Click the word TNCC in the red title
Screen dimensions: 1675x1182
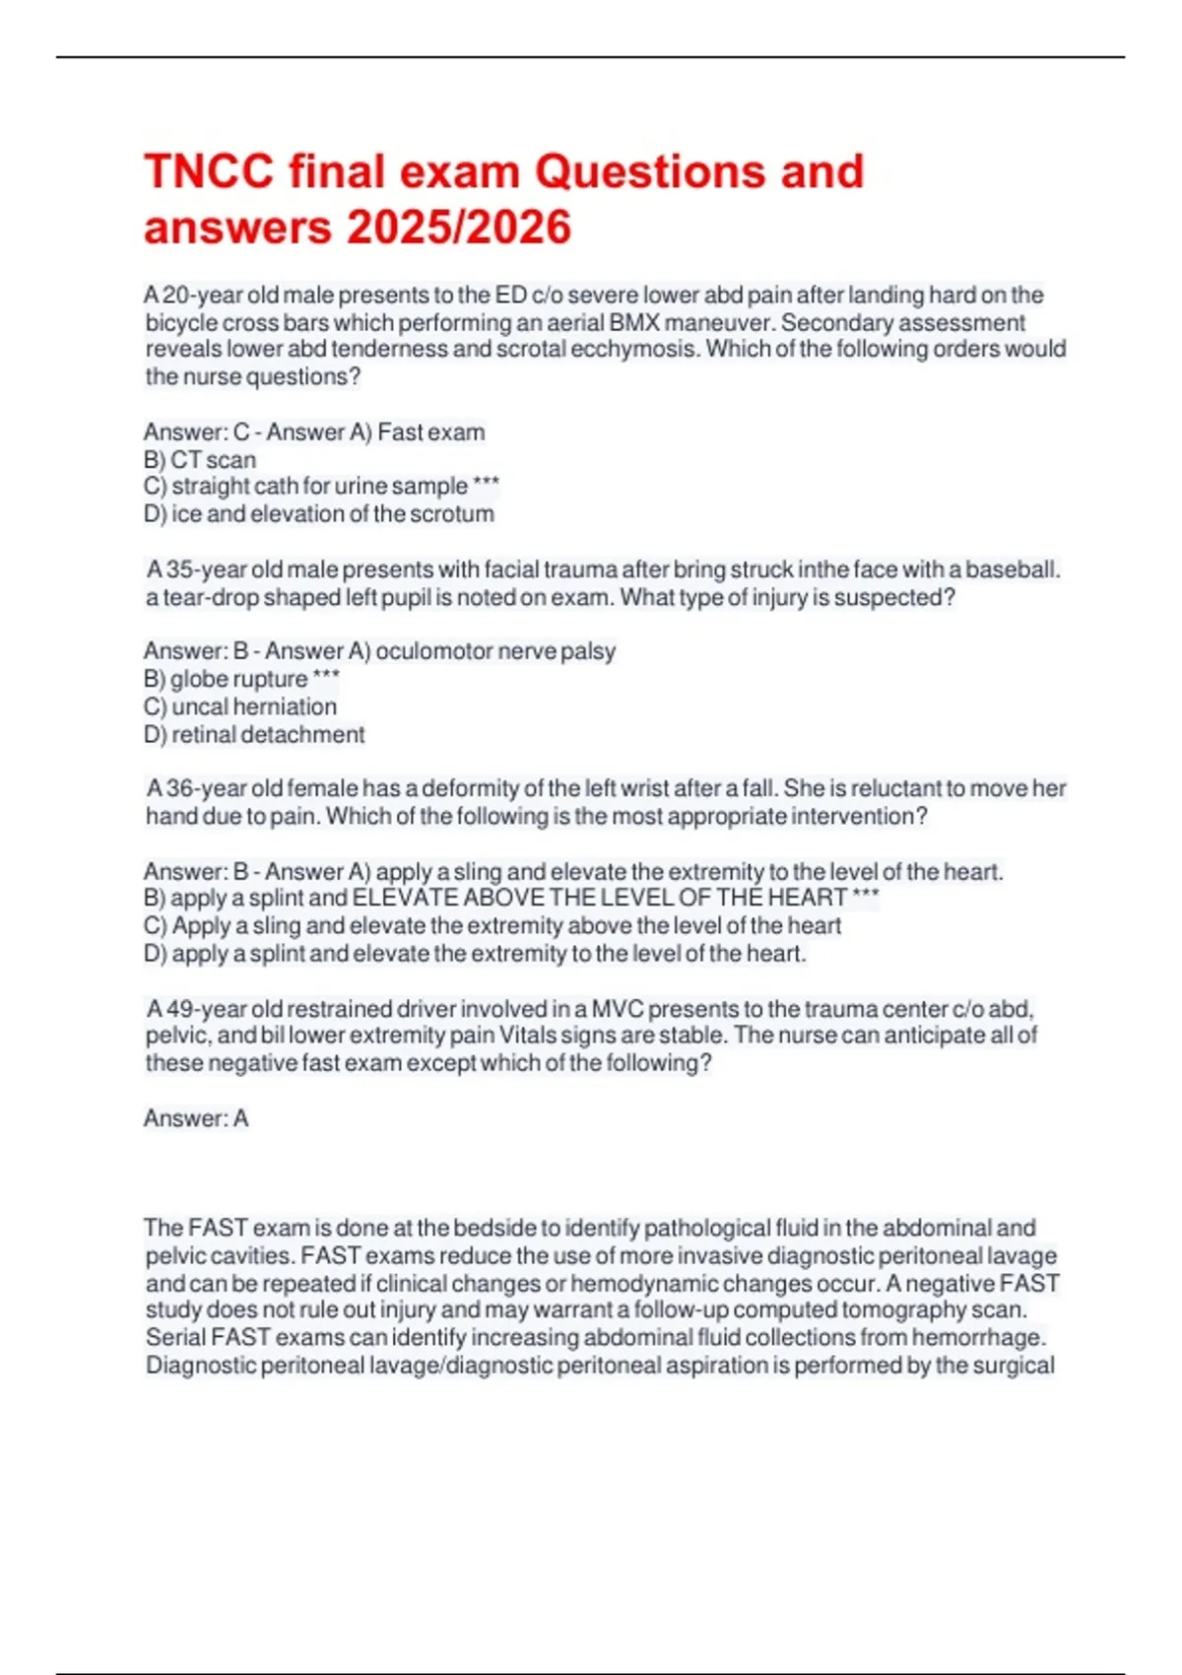click(x=209, y=171)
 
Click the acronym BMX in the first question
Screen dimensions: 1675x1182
click(x=635, y=322)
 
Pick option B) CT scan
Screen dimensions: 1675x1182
click(x=200, y=459)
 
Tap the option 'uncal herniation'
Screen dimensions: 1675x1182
click(x=254, y=706)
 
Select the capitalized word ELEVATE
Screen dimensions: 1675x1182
click(x=406, y=898)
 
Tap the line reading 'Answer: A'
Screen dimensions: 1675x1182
click(x=196, y=1118)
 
